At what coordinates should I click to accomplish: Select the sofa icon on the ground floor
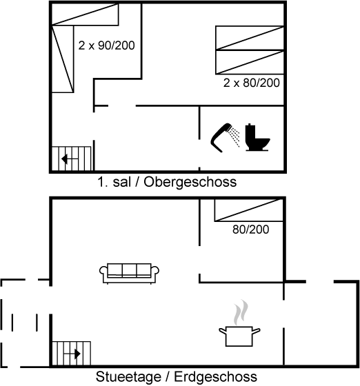129,274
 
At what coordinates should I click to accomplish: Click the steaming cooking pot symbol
239,336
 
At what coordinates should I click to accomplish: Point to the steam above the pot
241,312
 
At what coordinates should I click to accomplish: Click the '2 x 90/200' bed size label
106,45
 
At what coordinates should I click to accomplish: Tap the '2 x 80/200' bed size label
252,83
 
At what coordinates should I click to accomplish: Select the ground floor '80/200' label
250,230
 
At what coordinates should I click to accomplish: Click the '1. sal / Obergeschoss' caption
167,182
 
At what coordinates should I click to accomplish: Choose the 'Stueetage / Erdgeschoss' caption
177,376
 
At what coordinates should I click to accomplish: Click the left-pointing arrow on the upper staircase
70,159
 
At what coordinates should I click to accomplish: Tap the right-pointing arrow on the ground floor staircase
72,354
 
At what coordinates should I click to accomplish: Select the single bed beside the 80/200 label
248,210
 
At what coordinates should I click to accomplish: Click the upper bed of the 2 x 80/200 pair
250,38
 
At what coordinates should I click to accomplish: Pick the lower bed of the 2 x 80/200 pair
250,62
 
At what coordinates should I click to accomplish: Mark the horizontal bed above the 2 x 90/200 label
86,14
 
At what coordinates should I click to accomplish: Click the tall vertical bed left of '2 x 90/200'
63,59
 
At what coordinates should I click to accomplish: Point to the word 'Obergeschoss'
190,182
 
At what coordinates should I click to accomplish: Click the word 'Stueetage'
128,376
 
